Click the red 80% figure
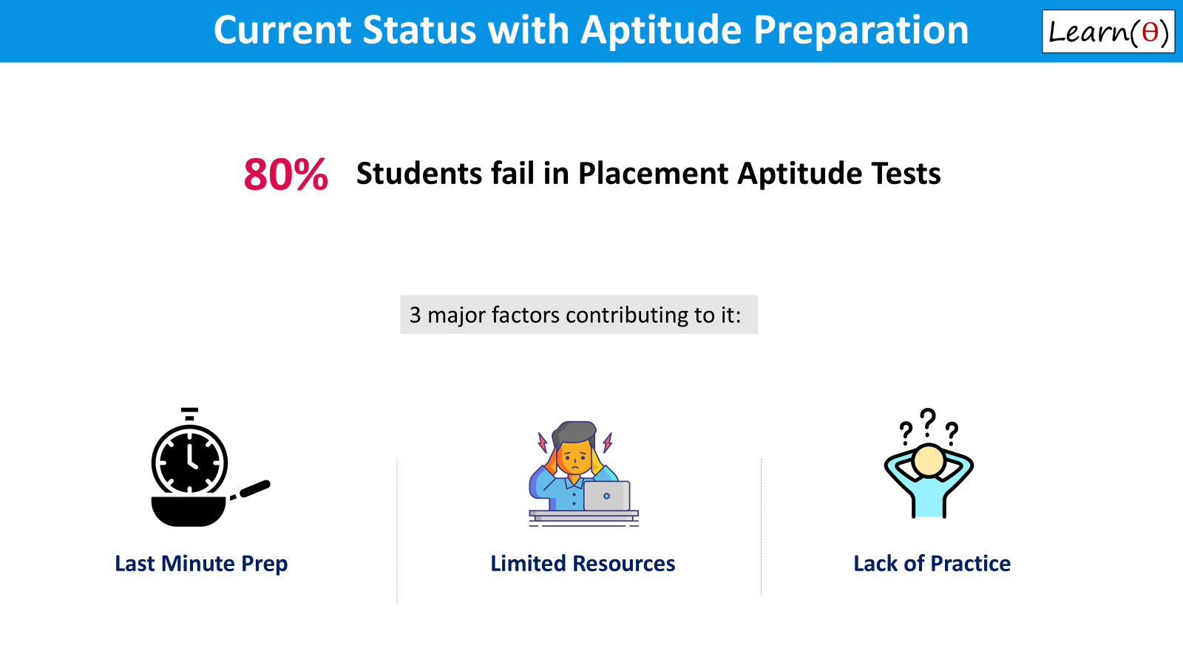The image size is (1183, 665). (285, 174)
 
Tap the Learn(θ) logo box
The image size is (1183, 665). (1108, 32)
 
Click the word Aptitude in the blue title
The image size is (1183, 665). (661, 30)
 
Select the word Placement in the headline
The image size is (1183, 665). (654, 174)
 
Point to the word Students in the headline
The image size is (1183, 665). (418, 173)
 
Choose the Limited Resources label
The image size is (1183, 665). (583, 564)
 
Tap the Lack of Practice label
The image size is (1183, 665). (932, 564)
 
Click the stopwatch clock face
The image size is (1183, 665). (189, 461)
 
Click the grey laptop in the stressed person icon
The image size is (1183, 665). (606, 496)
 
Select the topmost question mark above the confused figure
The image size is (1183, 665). (928, 422)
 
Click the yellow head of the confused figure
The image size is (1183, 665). (929, 461)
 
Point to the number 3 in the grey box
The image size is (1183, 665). (415, 315)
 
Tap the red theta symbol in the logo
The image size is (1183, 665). (1150, 32)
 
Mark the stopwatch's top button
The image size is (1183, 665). (189, 409)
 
